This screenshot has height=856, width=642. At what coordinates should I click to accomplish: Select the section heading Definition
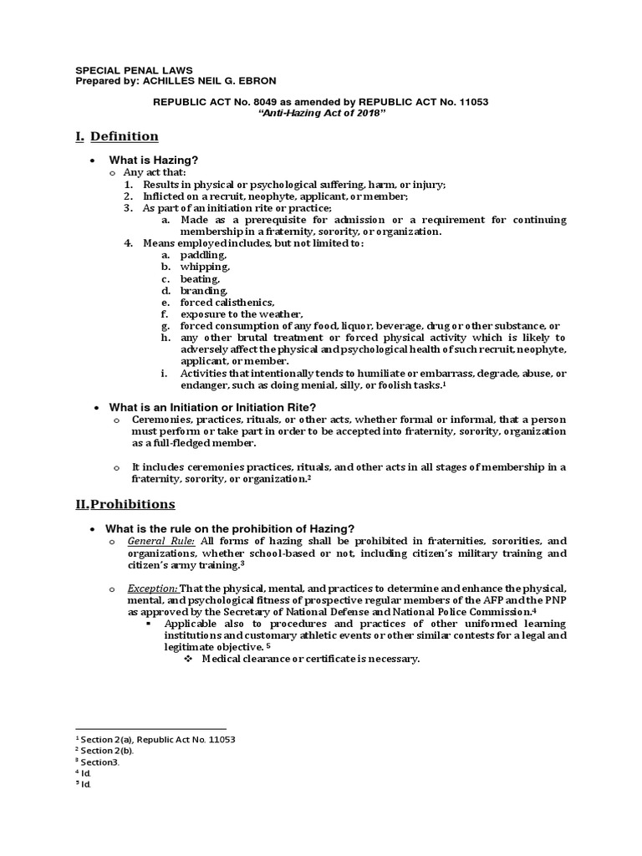(x=125, y=136)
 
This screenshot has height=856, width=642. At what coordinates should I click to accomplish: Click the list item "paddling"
(x=203, y=254)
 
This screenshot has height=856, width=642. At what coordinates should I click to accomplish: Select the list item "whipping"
(x=205, y=266)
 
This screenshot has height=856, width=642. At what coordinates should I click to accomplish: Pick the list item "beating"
(x=200, y=278)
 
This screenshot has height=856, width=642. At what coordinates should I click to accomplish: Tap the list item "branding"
(x=203, y=290)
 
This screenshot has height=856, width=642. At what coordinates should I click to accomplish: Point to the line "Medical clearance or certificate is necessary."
(x=304, y=659)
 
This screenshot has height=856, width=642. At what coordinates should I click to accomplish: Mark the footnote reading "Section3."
(x=99, y=762)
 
